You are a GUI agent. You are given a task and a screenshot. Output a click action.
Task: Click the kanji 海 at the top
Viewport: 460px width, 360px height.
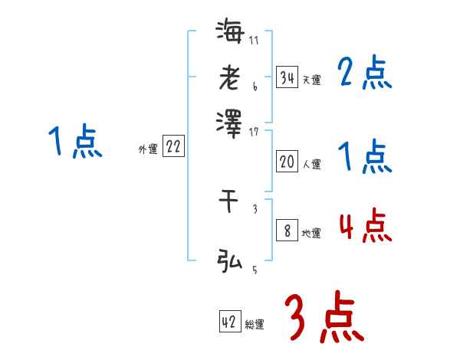(229, 33)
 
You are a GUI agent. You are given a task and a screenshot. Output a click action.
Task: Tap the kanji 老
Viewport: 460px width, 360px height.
(229, 77)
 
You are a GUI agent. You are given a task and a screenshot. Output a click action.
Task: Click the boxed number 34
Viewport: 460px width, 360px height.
(287, 77)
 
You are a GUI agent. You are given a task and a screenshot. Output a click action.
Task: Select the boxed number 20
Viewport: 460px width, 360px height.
(287, 162)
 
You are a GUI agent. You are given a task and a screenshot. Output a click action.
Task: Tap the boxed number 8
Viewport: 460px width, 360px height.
(287, 231)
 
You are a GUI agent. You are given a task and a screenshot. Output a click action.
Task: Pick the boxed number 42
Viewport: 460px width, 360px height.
(229, 322)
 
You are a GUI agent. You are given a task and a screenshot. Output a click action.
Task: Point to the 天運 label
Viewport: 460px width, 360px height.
(311, 80)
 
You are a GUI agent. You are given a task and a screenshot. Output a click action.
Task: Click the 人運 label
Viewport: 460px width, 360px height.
(311, 164)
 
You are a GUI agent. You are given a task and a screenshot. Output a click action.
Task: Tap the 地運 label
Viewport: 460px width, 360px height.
(311, 233)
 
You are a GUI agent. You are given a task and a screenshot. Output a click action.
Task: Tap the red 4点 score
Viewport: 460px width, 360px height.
(365, 226)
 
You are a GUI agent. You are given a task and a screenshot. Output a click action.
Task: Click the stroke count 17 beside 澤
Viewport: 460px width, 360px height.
(254, 132)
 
